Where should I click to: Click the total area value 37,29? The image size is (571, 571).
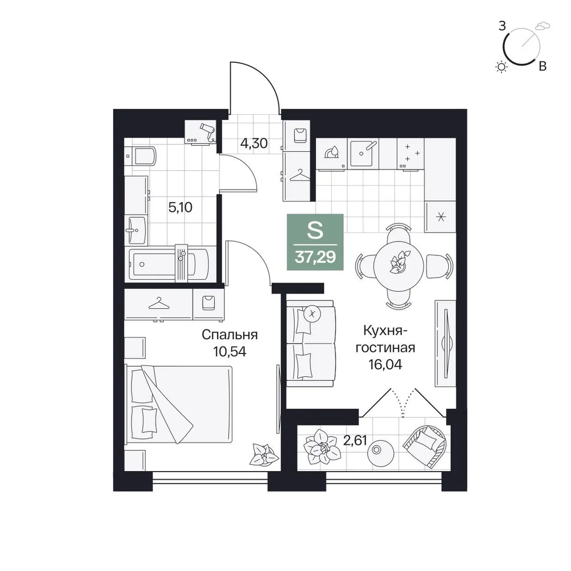pyautogui.click(x=315, y=257)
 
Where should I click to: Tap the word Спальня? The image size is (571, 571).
pyautogui.click(x=230, y=335)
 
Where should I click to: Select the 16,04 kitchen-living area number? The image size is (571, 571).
pyautogui.click(x=385, y=364)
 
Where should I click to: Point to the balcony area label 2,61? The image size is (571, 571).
pyautogui.click(x=355, y=441)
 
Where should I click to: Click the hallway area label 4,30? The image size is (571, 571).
pyautogui.click(x=254, y=143)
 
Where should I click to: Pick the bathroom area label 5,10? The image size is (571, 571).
pyautogui.click(x=180, y=207)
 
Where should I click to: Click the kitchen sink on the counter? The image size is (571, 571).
pyautogui.click(x=363, y=153)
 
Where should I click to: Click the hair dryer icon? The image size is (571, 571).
pyautogui.click(x=208, y=130)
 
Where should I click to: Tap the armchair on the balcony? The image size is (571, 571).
pyautogui.click(x=425, y=447)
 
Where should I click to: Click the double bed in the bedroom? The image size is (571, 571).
pyautogui.click(x=178, y=404)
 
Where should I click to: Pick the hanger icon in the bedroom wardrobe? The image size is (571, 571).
pyautogui.click(x=159, y=303)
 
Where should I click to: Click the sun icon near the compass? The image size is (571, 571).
pyautogui.click(x=502, y=67)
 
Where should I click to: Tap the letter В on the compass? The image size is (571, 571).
pyautogui.click(x=542, y=67)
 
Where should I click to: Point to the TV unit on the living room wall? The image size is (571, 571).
pyautogui.click(x=445, y=343)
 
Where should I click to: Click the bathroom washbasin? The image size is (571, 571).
pyautogui.click(x=136, y=230)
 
